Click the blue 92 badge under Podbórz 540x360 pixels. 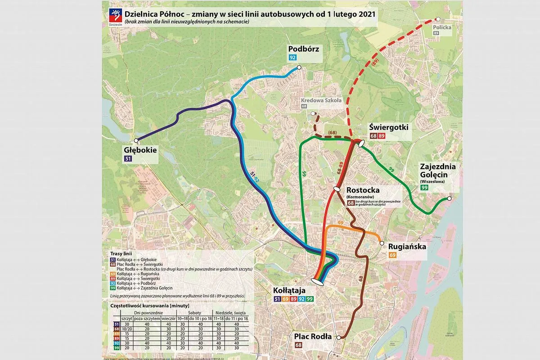point(293,58)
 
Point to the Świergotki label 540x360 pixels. point(388,127)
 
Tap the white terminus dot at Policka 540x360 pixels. point(438,19)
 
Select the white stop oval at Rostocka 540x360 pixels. point(336,189)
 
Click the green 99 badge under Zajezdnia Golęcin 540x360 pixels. point(424,188)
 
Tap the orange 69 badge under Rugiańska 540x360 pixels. point(392,255)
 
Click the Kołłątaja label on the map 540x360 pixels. point(292,290)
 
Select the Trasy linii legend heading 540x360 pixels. point(121,254)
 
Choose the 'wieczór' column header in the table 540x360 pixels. point(168,318)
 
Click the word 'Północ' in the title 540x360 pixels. point(174,14)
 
